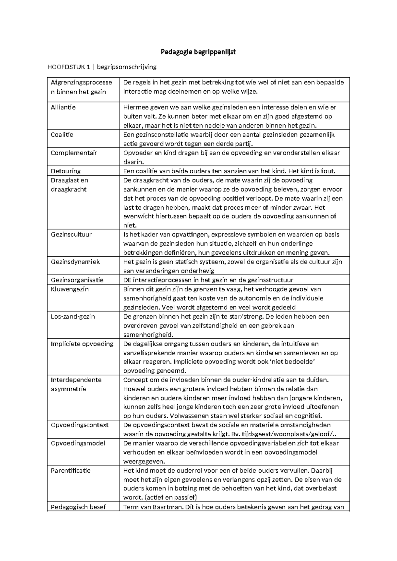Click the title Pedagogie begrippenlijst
(x=198, y=52)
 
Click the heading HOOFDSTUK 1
(x=68, y=67)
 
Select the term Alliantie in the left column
(x=63, y=107)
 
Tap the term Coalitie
(x=62, y=135)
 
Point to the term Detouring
(x=66, y=171)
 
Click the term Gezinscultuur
(x=71, y=235)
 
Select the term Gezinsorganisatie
(x=77, y=280)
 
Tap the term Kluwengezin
(x=70, y=289)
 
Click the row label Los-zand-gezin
(x=73, y=316)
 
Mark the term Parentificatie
(x=70, y=470)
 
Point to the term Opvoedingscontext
(x=80, y=425)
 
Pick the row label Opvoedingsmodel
(x=78, y=443)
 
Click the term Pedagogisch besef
(x=78, y=507)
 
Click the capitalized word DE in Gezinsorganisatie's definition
(x=127, y=280)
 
